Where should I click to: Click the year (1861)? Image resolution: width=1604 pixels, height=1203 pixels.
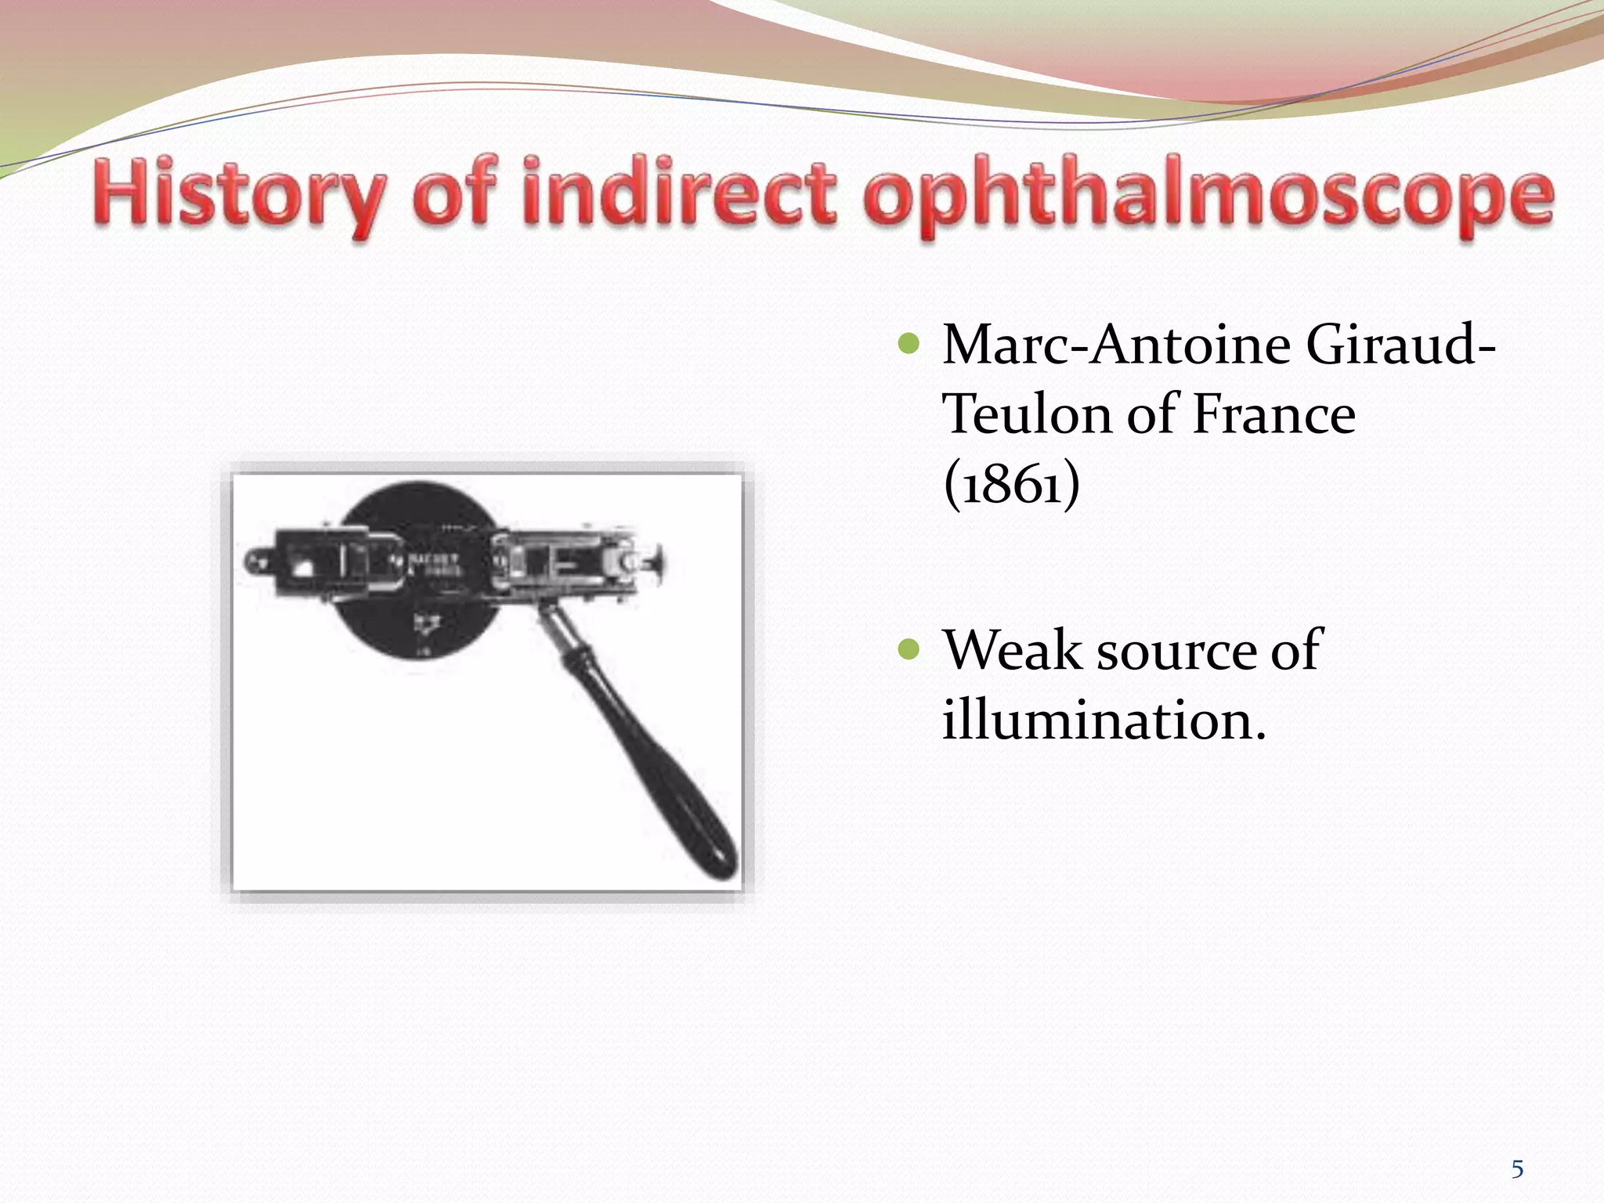1011,484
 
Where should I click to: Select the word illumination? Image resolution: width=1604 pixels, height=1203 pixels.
1103,719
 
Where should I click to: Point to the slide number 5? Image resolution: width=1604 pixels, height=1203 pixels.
1517,1169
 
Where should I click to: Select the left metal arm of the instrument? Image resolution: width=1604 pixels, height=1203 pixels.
313,562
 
